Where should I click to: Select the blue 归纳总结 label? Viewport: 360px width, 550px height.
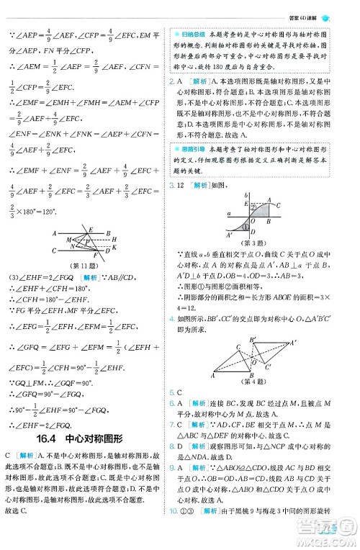click(190, 34)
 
